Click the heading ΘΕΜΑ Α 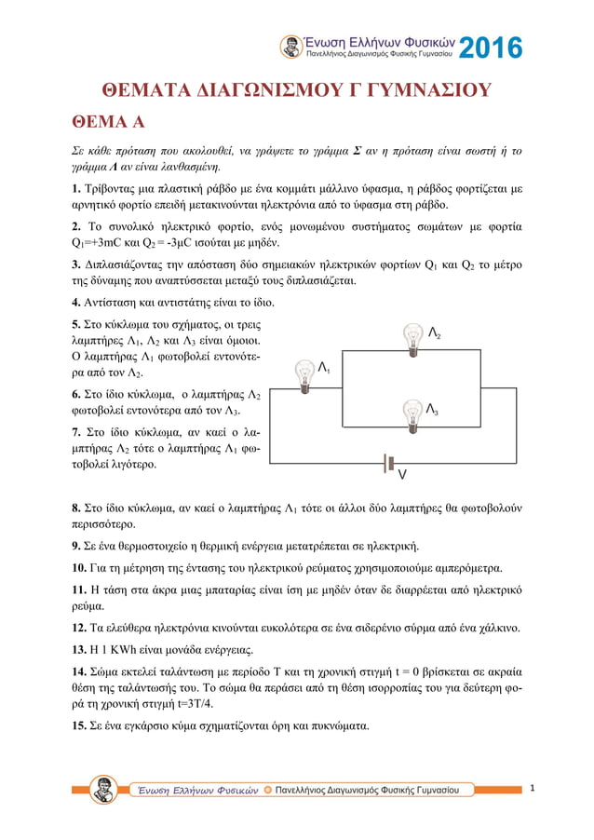[x=109, y=124]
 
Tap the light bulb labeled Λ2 [x=413, y=338]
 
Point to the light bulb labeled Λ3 [x=413, y=413]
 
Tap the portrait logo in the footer [x=103, y=789]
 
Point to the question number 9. [x=75, y=546]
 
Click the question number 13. [x=79, y=649]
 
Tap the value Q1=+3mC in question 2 [x=96, y=242]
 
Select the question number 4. [x=75, y=303]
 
